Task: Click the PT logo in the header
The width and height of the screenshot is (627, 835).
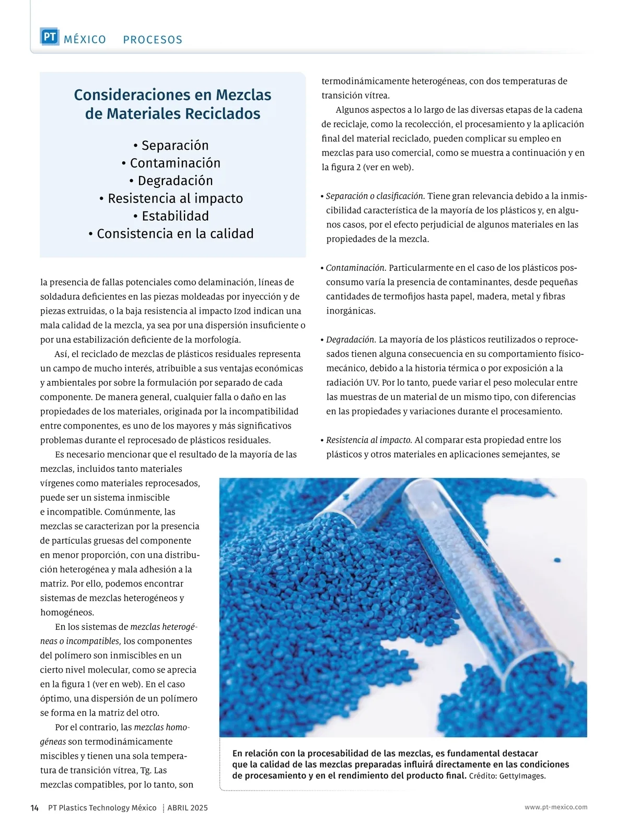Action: point(50,37)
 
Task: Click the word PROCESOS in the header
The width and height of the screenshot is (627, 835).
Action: point(153,40)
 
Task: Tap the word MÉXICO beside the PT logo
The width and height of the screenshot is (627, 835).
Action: point(85,40)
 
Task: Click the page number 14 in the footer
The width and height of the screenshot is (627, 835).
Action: point(34,808)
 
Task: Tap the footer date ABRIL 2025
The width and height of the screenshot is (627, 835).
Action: point(188,808)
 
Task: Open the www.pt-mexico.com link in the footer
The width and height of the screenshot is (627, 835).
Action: point(556,807)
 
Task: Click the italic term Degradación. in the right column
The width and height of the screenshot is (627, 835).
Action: point(351,340)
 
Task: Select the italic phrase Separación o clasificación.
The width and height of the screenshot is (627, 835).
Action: point(375,196)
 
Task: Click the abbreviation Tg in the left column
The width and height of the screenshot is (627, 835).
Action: point(146,770)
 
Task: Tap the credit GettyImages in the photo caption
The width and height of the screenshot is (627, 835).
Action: point(522,776)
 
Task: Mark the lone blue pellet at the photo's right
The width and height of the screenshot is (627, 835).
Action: point(557,560)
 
